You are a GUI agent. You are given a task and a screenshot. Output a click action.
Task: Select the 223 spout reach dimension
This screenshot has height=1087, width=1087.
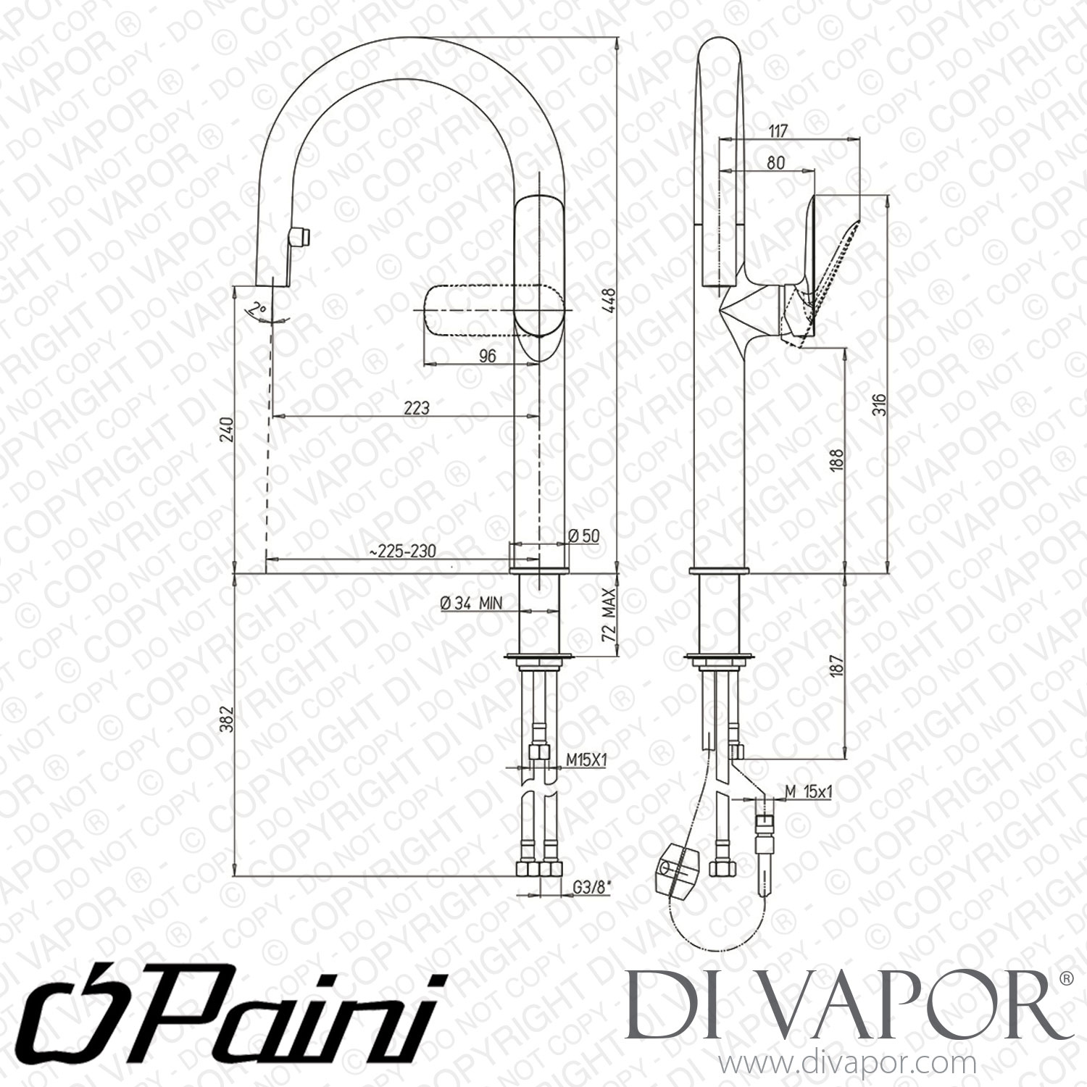(x=417, y=408)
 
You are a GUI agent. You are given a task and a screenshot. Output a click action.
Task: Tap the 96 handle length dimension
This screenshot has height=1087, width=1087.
(x=488, y=355)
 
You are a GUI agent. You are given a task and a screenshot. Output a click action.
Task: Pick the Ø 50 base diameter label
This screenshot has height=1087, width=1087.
(x=584, y=536)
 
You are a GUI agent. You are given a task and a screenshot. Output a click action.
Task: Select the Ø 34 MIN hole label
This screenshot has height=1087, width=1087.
(x=471, y=603)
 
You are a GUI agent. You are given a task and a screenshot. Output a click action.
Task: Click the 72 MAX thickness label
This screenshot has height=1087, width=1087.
(x=608, y=613)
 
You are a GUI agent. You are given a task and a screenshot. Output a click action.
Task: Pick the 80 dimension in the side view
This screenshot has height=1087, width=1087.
(x=775, y=163)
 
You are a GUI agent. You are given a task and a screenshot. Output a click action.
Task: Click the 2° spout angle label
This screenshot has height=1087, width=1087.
(x=254, y=312)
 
